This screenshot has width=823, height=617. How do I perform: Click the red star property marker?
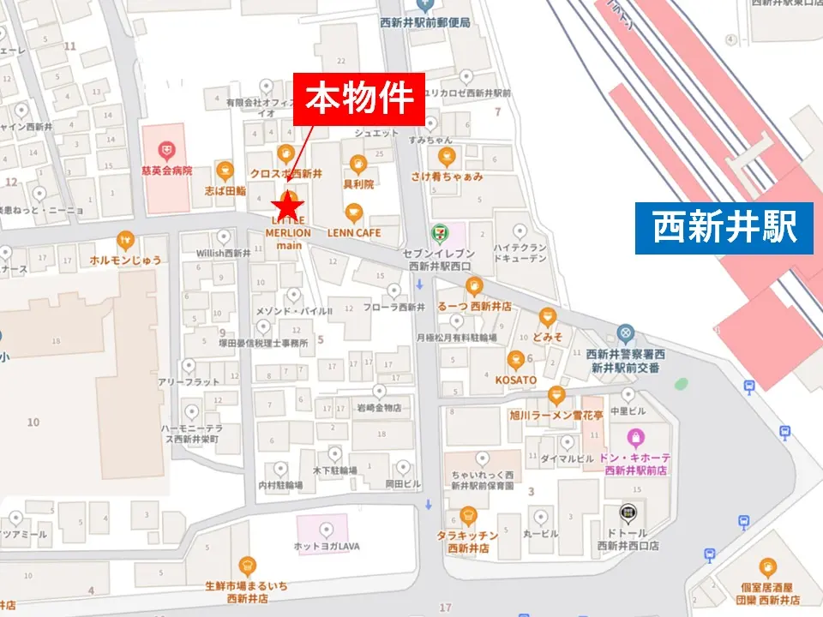[x=288, y=206]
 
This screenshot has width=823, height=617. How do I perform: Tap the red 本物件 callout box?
[x=359, y=99]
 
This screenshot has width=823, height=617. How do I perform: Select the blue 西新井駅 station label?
[x=724, y=228]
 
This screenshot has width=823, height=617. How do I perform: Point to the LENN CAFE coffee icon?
[x=353, y=213]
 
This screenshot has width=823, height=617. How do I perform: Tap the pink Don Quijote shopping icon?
[x=635, y=437]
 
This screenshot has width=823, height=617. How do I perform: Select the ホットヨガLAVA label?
[x=327, y=546]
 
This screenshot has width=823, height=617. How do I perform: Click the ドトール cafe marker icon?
[x=628, y=513]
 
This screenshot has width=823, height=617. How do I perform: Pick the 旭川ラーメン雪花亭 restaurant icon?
[x=556, y=395]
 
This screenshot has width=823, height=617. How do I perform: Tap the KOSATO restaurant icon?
[x=515, y=360]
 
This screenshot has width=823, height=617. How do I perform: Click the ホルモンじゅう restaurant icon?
[x=126, y=240]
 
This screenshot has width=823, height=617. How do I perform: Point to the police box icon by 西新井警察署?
[x=626, y=332]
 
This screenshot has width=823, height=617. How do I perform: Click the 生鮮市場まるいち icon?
[x=247, y=566]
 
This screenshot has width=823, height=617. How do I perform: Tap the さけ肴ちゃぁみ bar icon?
[x=446, y=157]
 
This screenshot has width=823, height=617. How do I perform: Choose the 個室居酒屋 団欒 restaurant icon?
[x=768, y=567]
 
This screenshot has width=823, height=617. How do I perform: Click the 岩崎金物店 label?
[x=379, y=408]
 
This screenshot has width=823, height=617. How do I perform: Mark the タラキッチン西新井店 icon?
[x=467, y=516]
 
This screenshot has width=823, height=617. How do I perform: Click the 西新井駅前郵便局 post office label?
[x=425, y=23]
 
